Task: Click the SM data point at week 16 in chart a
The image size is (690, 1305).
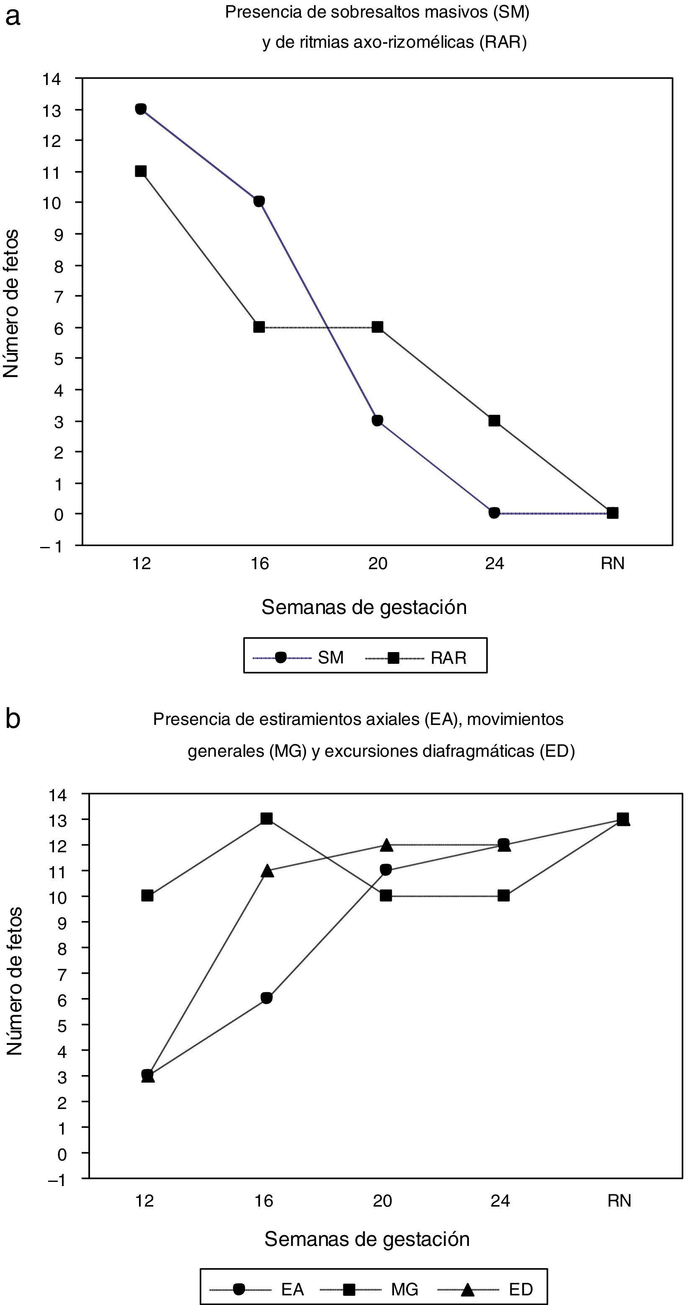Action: click(259, 201)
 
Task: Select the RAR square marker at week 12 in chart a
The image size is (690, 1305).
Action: click(141, 171)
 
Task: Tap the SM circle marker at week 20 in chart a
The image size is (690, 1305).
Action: click(377, 420)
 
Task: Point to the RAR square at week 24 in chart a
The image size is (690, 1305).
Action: click(494, 420)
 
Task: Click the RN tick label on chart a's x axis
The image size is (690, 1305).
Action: click(613, 563)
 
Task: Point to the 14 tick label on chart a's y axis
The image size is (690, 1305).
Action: click(51, 79)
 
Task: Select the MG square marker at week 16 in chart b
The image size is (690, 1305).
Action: click(266, 819)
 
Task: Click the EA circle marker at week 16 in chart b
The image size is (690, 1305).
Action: click(266, 998)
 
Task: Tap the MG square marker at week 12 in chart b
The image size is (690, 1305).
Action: click(147, 896)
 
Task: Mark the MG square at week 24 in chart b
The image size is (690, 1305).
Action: click(504, 896)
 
